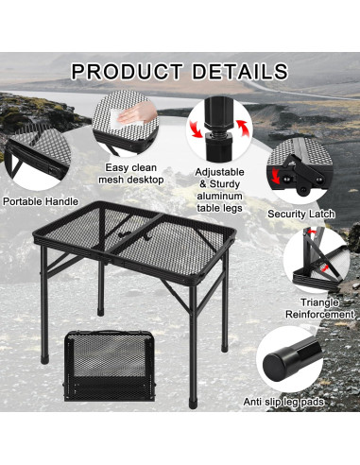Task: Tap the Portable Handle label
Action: click(x=41, y=201)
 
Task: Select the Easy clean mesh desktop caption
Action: click(x=133, y=173)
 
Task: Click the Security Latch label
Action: click(x=302, y=215)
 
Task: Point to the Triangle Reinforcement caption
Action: click(x=321, y=307)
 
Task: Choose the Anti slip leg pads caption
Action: click(x=296, y=403)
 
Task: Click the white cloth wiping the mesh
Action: click(x=117, y=118)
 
